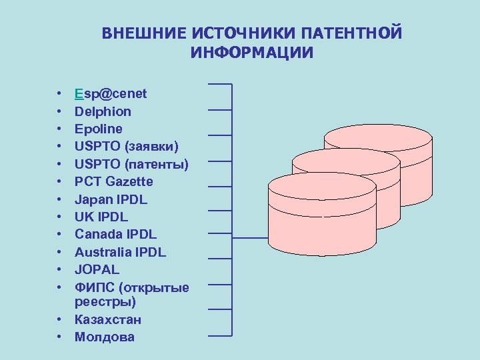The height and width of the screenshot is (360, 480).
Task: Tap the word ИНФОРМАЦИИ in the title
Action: [252, 53]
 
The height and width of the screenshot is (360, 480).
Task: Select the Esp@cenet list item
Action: [111, 93]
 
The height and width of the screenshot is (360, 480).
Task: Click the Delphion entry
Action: [103, 111]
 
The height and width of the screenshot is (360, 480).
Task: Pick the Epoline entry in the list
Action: [99, 129]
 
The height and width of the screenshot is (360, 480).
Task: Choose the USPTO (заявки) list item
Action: [126, 146]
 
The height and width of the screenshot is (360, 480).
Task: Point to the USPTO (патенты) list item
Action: [131, 164]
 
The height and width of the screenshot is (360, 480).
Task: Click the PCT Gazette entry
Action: [114, 181]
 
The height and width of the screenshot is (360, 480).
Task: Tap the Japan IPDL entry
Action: [111, 199]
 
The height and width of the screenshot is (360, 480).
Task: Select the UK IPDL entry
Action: [101, 217]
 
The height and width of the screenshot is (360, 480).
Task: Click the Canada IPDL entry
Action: [115, 234]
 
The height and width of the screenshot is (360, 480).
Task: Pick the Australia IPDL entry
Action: [120, 252]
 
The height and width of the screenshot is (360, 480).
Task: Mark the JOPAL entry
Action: [97, 269]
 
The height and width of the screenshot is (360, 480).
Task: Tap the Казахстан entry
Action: [108, 319]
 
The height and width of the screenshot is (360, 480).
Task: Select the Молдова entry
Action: [105, 337]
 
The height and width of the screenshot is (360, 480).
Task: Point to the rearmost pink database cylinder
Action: [378, 143]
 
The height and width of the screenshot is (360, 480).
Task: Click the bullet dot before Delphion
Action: [59, 111]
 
